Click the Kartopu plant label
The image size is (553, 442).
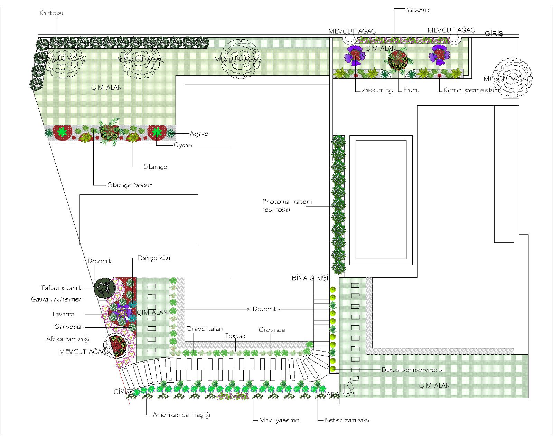tap(51, 13)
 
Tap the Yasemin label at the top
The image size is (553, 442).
tap(419, 10)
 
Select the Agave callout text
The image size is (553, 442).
tap(199, 134)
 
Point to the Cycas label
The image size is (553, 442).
tap(183, 145)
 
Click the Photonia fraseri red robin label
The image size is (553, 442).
tap(287, 205)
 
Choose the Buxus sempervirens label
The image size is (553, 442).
tap(412, 370)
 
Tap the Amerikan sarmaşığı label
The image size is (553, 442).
tap(181, 415)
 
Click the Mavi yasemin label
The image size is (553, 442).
tap(279, 421)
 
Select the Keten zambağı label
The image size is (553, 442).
tap(347, 421)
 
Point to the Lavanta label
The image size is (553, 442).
tap(64, 315)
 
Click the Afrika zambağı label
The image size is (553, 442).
tap(68, 339)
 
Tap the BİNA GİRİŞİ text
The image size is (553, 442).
tap(309, 278)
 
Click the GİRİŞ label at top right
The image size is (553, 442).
tap(494, 33)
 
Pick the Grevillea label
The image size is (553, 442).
tap(272, 330)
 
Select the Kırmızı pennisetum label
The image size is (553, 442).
tap(472, 91)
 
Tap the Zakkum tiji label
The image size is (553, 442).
tap(378, 91)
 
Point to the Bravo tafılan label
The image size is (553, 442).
tap(205, 329)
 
